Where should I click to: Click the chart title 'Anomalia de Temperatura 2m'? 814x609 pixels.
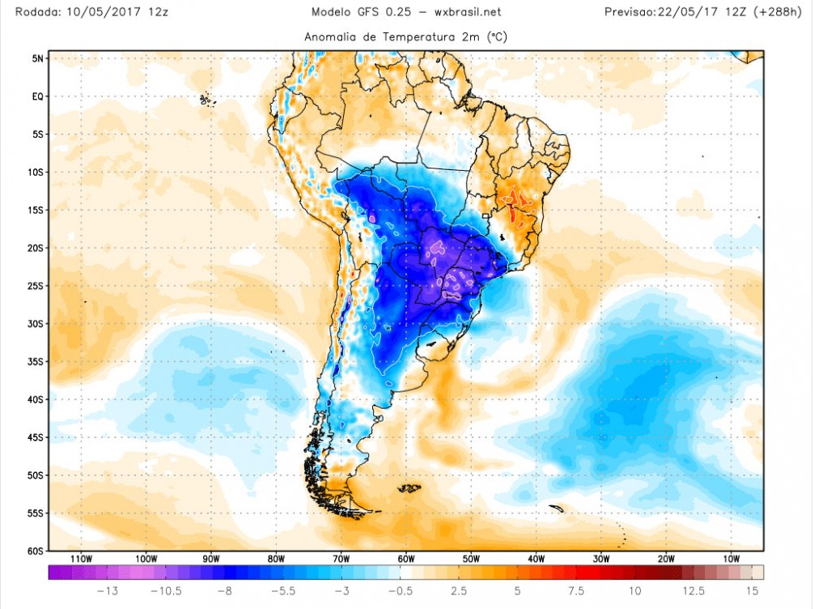pyautogui.click(x=406, y=37)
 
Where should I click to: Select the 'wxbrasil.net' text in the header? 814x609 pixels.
pyautogui.click(x=467, y=12)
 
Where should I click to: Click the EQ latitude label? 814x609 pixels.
pyautogui.click(x=37, y=96)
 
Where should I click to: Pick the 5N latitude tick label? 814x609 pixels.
pyautogui.click(x=37, y=58)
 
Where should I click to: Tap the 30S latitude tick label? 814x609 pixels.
pyautogui.click(x=36, y=324)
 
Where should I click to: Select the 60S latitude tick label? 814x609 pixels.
pyautogui.click(x=36, y=551)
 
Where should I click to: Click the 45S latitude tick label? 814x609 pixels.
pyautogui.click(x=36, y=437)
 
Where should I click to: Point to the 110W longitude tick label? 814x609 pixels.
pyautogui.click(x=80, y=559)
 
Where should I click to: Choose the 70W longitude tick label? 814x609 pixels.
pyautogui.click(x=341, y=559)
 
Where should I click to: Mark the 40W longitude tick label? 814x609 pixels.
pyautogui.click(x=536, y=559)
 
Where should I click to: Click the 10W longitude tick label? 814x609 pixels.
pyautogui.click(x=731, y=559)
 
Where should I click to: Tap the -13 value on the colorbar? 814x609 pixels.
pyautogui.click(x=108, y=591)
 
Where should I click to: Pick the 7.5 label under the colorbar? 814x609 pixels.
pyautogui.click(x=575, y=591)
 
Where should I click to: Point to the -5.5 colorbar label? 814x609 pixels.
pyautogui.click(x=284, y=591)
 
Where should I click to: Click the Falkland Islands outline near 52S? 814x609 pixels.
pyautogui.click(x=410, y=488)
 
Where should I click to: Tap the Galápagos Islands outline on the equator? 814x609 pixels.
pyautogui.click(x=206, y=100)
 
